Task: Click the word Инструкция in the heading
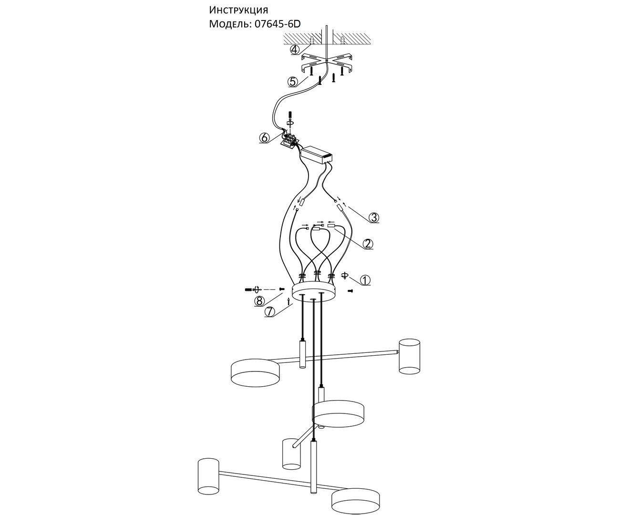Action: (238, 10)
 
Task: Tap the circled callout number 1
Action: (365, 280)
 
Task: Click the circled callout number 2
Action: (368, 244)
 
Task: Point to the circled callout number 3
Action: (373, 217)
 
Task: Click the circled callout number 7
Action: (270, 312)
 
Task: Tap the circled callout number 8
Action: (259, 301)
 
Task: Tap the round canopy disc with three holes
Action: (314, 292)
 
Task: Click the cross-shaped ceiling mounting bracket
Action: (327, 62)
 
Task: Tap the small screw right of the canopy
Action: (350, 290)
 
